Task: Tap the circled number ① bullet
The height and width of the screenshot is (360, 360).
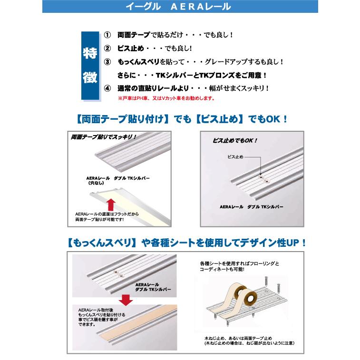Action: [107, 35]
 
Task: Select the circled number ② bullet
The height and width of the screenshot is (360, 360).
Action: [107, 49]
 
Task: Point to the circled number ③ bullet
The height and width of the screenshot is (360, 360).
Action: [107, 62]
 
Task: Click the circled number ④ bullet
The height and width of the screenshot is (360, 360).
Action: [107, 88]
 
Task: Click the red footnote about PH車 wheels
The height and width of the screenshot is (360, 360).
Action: [165, 99]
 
